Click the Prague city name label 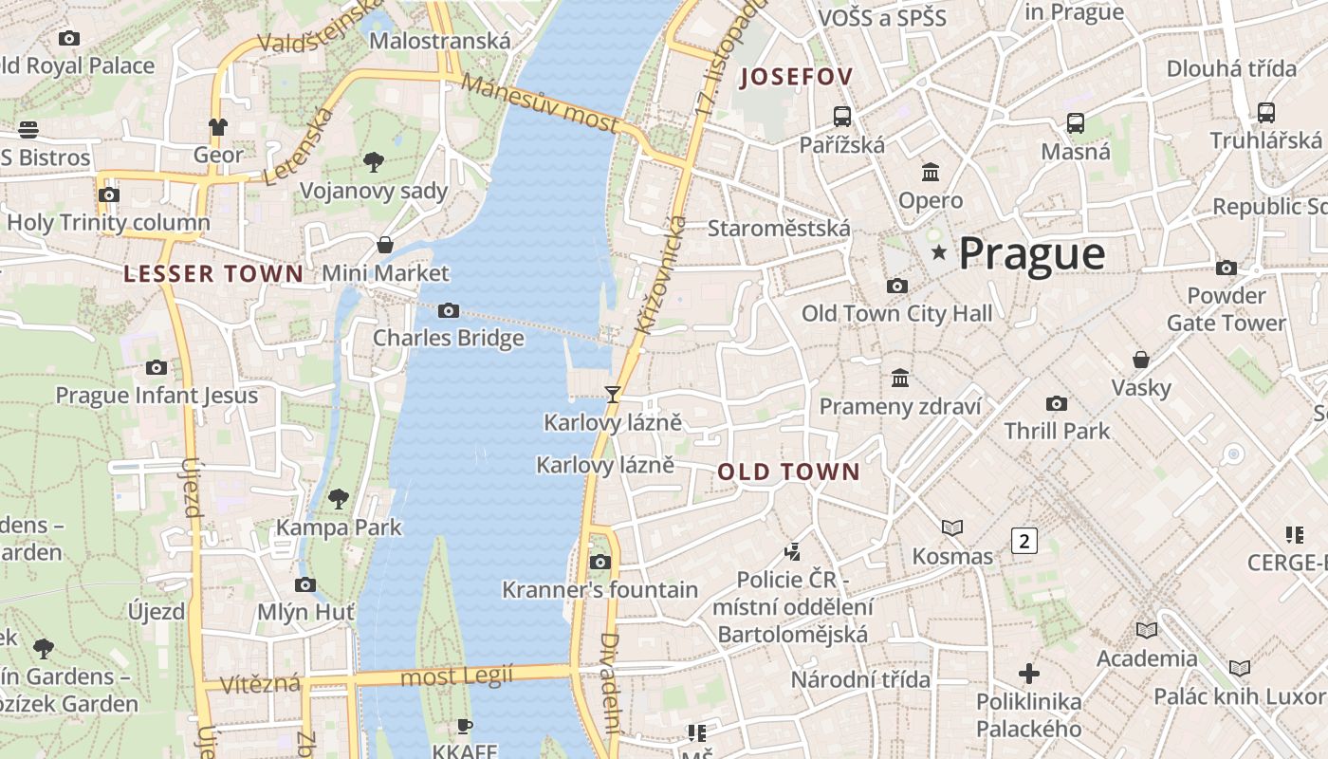click(1031, 253)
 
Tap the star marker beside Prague click(939, 252)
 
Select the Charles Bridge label click(448, 338)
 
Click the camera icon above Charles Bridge click(449, 310)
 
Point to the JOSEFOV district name click(797, 77)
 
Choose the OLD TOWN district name click(788, 472)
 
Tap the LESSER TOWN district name click(213, 274)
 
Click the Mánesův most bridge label click(541, 103)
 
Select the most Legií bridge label click(456, 676)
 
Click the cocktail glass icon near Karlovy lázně click(613, 394)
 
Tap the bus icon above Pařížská click(841, 117)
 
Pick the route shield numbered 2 click(1024, 541)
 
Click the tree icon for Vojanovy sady click(374, 162)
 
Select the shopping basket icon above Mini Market click(385, 245)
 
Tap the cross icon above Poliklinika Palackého click(1029, 674)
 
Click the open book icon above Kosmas click(952, 528)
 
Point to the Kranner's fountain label click(599, 590)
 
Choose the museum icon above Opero click(931, 173)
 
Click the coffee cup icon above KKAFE click(464, 726)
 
